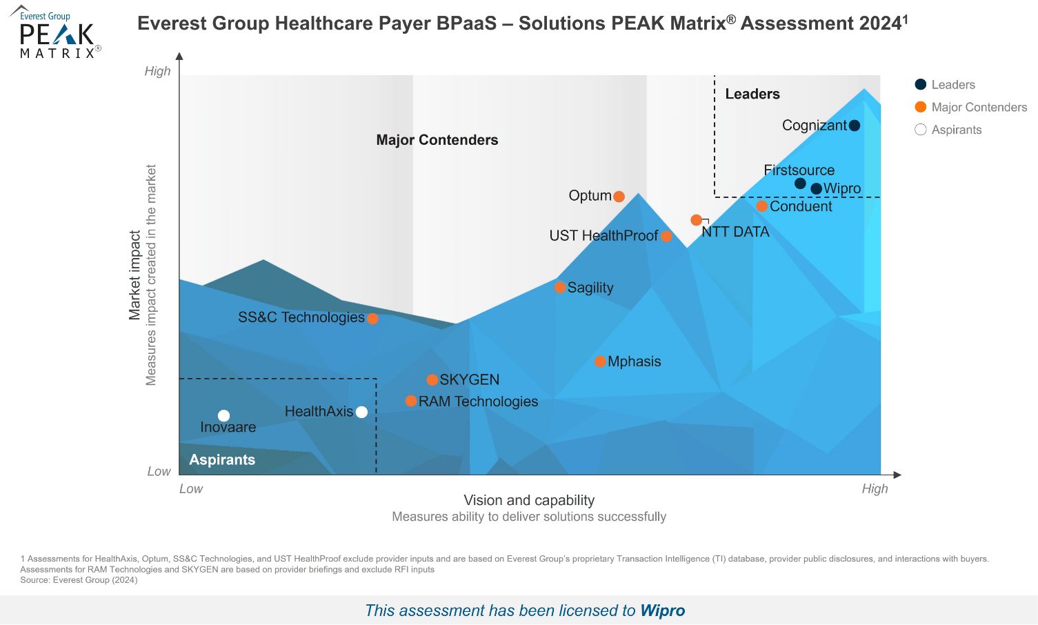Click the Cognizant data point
tap(855, 126)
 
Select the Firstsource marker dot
tap(800, 183)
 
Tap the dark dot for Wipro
tap(817, 188)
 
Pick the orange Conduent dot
tap(762, 206)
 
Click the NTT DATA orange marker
tap(697, 220)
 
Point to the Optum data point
tap(619, 197)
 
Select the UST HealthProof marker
tap(666, 237)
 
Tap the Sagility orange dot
tap(560, 288)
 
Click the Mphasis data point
tap(601, 361)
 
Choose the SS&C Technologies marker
tap(372, 319)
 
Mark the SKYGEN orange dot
tap(432, 380)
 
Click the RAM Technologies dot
tap(411, 401)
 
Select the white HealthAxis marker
tap(361, 413)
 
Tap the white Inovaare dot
tap(223, 416)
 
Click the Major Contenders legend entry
tap(979, 107)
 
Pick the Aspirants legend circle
tap(921, 130)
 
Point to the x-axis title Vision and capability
tap(529, 500)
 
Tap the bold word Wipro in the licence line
tap(662, 611)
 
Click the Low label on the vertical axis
tap(159, 472)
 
